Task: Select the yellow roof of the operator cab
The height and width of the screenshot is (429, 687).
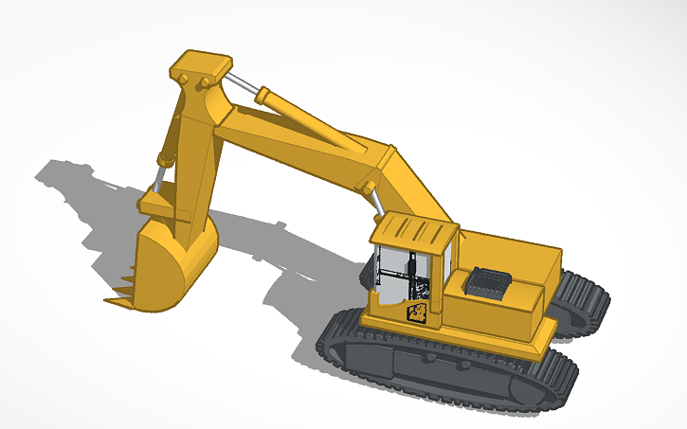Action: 413,231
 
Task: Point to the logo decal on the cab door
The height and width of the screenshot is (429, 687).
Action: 416,312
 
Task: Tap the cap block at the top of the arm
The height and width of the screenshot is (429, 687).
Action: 200,66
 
